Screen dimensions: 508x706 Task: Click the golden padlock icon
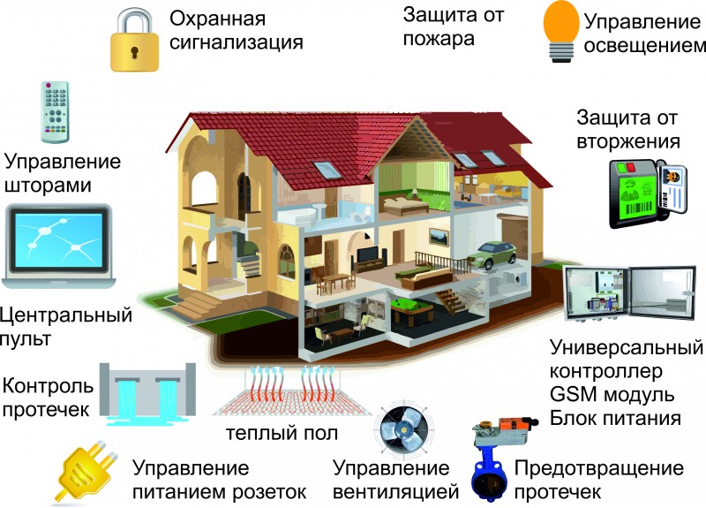[133, 43]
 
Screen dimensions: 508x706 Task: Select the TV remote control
[55, 110]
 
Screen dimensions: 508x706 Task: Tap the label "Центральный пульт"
[67, 325]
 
